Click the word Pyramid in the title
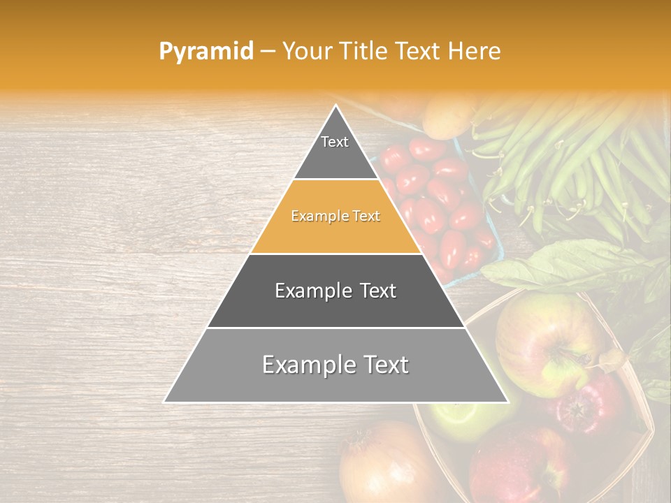(x=206, y=52)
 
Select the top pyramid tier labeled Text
(x=335, y=150)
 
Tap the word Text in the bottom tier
(x=382, y=365)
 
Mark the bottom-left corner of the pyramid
(x=164, y=402)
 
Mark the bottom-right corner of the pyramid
(x=508, y=402)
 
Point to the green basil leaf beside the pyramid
(x=566, y=265)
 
